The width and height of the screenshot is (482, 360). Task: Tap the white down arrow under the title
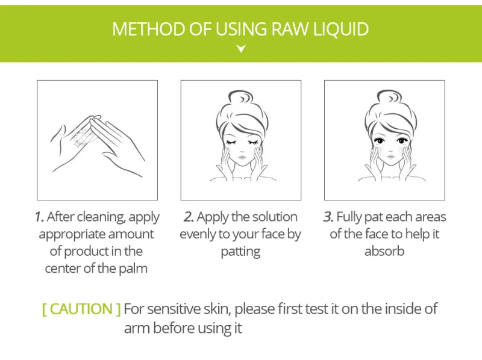(241, 49)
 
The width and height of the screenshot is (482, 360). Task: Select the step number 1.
(39, 217)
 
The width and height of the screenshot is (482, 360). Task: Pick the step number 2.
(189, 217)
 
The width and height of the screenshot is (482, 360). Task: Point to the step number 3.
(328, 217)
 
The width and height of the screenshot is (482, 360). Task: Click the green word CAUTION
(81, 309)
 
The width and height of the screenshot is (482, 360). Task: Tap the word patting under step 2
(240, 252)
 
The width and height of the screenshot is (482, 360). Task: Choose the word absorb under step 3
(384, 251)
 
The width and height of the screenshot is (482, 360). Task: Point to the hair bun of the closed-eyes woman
(241, 98)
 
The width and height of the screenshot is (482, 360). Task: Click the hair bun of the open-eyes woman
(389, 98)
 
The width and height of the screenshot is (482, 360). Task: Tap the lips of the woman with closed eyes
(242, 158)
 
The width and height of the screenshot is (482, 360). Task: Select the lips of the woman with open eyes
(390, 158)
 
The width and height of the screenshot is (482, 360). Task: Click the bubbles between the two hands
(81, 137)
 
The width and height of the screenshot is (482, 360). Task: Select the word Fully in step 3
(349, 217)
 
